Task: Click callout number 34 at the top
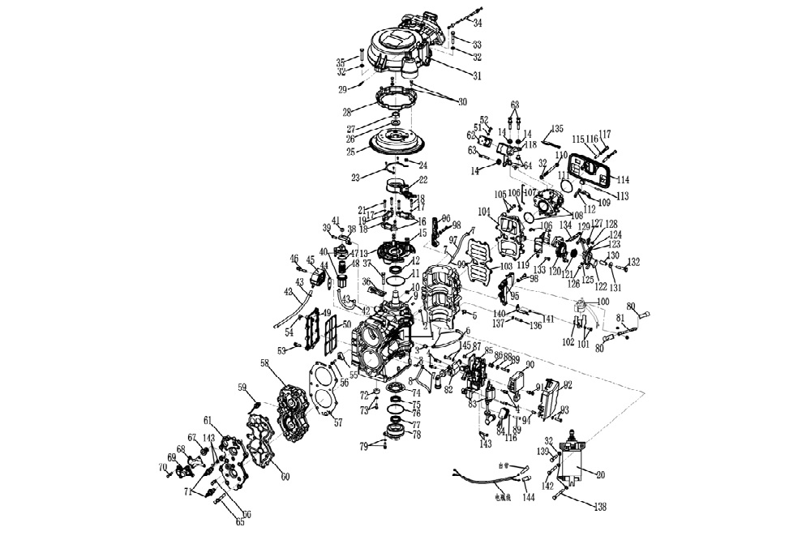click(477, 23)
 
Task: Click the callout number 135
click(556, 128)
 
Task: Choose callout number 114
click(624, 179)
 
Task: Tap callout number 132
click(633, 262)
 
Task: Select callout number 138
click(600, 507)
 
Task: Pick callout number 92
click(568, 384)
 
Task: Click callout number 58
click(264, 366)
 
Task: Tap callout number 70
click(162, 468)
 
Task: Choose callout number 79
click(364, 445)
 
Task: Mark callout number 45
click(311, 259)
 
